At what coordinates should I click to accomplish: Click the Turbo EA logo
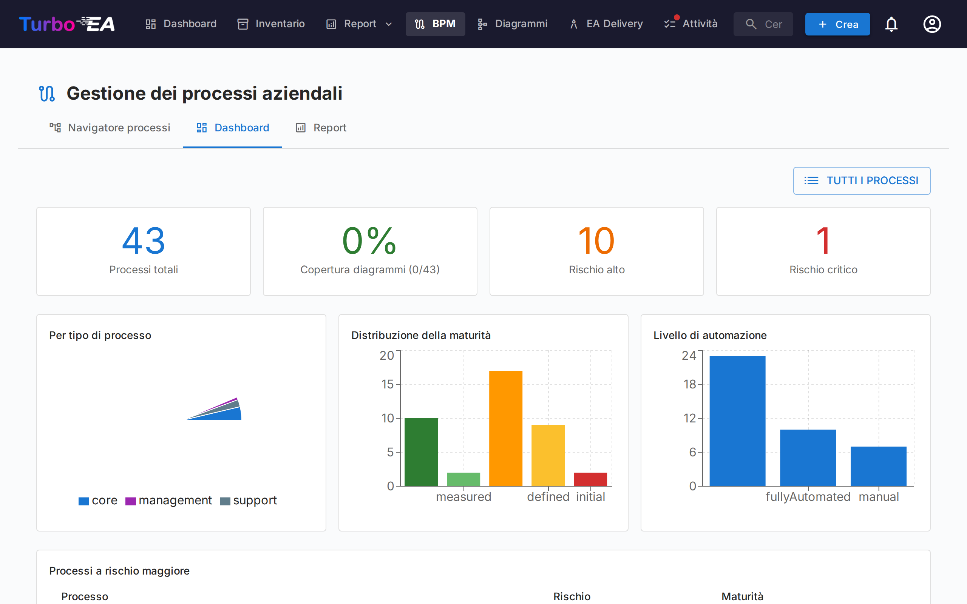[67, 24]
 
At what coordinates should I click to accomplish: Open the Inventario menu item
[271, 24]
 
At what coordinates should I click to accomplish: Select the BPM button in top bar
[435, 24]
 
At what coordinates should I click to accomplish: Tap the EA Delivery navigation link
[606, 24]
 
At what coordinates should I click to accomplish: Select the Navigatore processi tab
[110, 128]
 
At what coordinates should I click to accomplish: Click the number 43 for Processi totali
[144, 241]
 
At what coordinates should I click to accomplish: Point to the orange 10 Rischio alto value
[596, 241]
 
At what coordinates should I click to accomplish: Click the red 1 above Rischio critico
[823, 241]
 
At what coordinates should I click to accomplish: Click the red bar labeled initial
[590, 479]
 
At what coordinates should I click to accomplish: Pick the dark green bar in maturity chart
[421, 451]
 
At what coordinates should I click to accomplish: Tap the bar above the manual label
[878, 466]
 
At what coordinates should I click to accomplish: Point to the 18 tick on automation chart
[690, 384]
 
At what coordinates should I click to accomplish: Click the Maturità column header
[742, 596]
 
